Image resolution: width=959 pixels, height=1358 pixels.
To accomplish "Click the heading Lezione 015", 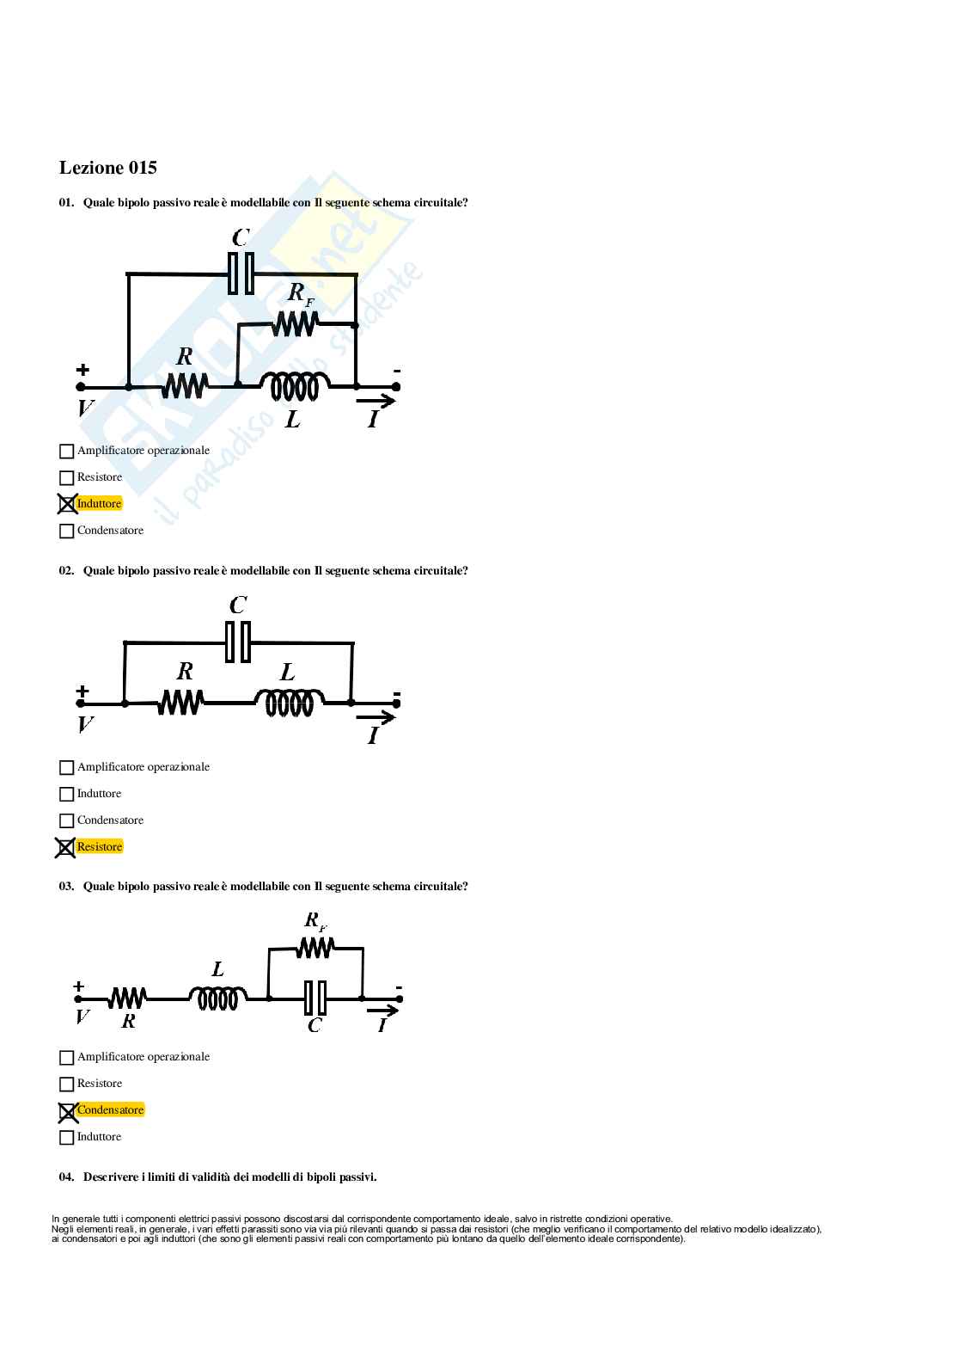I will click(x=108, y=168).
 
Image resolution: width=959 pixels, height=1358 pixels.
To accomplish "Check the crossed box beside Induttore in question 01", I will click(x=67, y=504).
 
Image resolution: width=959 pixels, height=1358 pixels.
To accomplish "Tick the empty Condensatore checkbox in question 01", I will click(x=67, y=532).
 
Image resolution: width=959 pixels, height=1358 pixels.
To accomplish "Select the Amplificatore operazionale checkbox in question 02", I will click(x=67, y=767).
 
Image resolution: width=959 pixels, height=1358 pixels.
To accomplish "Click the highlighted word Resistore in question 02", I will click(x=100, y=847).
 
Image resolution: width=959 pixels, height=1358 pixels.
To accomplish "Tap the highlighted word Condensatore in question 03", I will click(x=110, y=1110).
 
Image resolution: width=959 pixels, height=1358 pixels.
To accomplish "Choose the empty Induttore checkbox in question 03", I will click(x=67, y=1138).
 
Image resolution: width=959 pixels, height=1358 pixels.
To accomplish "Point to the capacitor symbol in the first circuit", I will click(x=241, y=273).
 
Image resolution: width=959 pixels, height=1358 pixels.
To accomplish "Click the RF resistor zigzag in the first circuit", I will click(x=295, y=324).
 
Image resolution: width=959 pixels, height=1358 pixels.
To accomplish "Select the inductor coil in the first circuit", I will click(x=295, y=387).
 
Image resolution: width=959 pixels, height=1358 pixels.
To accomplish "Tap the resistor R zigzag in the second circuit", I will click(x=180, y=704).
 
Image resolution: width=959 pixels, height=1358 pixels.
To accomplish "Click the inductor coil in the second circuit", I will click(x=290, y=704).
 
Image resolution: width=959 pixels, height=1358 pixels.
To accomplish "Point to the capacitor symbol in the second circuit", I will click(x=238, y=642).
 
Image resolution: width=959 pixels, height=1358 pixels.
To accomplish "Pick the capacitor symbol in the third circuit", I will click(x=315, y=999).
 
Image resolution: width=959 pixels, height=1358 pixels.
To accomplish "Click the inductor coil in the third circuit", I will click(x=217, y=999).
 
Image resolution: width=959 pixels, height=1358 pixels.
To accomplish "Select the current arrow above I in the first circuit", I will click(x=376, y=401).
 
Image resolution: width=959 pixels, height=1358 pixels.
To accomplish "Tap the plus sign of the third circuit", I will click(x=79, y=986).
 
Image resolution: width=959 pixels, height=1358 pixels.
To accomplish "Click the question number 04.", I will click(x=66, y=1177).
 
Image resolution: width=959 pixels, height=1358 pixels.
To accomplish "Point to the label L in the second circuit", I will click(x=288, y=673).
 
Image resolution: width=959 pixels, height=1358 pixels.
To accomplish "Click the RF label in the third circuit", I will click(x=315, y=921).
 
